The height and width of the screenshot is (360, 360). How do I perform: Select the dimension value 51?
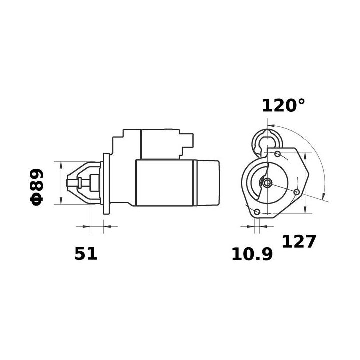click(86, 254)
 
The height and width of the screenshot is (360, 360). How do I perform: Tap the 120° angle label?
click(283, 105)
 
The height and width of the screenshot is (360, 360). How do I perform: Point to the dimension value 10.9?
click(252, 255)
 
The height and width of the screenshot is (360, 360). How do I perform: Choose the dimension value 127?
click(299, 242)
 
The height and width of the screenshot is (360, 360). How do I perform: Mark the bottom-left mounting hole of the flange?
click(258, 212)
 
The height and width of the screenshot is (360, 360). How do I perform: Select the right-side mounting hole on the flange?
click(298, 192)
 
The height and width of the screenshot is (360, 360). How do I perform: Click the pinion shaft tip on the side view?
click(69, 183)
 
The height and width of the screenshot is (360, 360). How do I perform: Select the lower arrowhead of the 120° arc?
click(324, 194)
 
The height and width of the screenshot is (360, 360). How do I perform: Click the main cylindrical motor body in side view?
click(165, 183)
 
